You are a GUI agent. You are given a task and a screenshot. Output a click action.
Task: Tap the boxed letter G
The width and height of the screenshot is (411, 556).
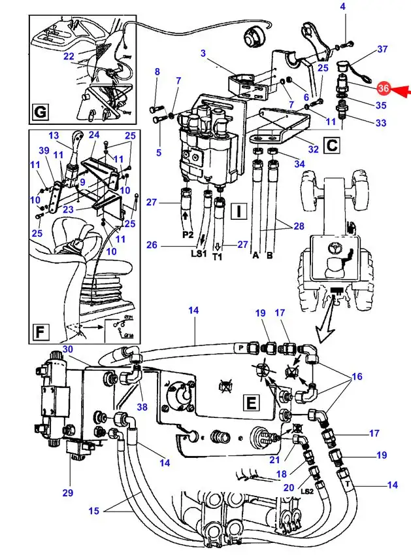(41, 113)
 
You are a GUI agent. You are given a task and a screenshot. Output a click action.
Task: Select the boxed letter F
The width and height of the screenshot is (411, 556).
(41, 333)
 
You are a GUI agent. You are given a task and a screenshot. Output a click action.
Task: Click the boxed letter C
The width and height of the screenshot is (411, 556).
(331, 145)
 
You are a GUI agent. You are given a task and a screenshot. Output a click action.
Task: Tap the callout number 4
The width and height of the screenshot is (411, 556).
(343, 7)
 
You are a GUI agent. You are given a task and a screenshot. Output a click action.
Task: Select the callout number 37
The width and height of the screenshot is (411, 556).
(383, 49)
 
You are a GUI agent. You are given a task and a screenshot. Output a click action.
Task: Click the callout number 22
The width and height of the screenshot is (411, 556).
(69, 56)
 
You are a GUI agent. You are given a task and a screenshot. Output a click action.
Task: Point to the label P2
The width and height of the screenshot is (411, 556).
(188, 234)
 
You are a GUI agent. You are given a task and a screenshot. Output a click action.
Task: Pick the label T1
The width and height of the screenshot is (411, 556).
(218, 258)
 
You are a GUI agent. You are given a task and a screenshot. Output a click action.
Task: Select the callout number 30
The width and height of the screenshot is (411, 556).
(68, 349)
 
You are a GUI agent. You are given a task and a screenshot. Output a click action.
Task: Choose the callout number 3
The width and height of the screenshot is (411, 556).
(203, 53)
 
